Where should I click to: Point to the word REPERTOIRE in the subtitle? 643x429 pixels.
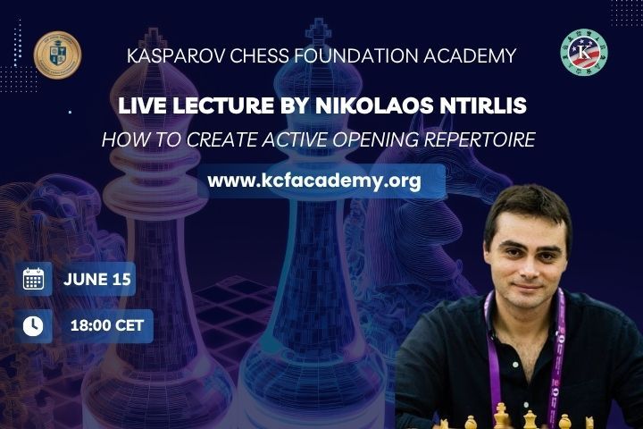click(x=480, y=139)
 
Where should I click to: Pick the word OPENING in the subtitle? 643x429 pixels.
click(x=376, y=139)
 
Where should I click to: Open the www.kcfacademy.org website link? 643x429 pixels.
click(x=314, y=181)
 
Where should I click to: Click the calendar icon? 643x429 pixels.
click(x=33, y=279)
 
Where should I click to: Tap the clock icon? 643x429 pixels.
click(x=33, y=326)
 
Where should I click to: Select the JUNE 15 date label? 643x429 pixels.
click(x=97, y=279)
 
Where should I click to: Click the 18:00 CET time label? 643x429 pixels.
click(x=107, y=325)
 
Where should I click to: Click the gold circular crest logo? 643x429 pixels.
click(x=57, y=55)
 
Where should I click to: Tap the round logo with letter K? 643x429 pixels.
click(x=584, y=52)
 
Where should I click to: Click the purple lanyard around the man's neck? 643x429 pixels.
click(x=556, y=361)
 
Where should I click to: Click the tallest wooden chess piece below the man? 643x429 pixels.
click(x=501, y=416)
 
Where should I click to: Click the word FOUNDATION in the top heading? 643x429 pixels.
click(x=355, y=55)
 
